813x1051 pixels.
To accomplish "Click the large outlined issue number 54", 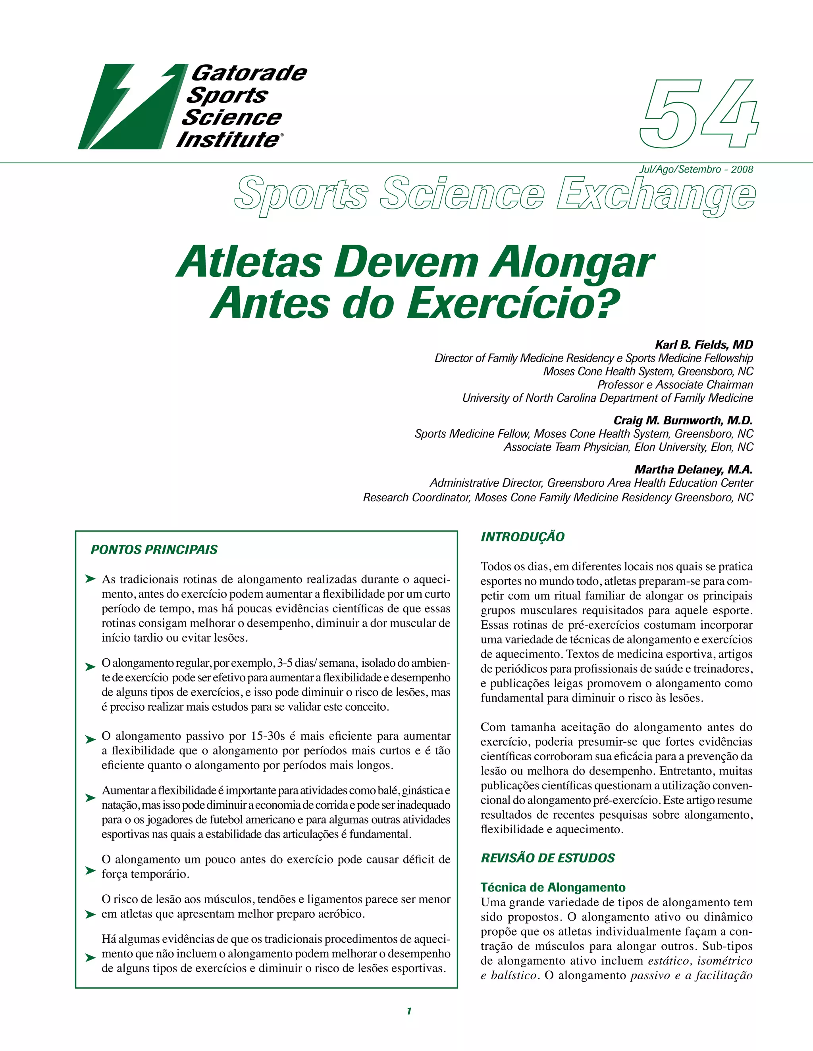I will [699, 115].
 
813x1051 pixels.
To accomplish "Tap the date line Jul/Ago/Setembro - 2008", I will [696, 169].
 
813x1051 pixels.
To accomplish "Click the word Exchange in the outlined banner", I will [656, 194].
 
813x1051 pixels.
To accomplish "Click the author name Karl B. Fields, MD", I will [704, 345].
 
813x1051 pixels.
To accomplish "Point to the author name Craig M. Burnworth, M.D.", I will [683, 420].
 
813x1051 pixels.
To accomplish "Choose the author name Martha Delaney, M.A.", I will [693, 470].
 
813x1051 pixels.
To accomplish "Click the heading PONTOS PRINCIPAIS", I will [154, 550].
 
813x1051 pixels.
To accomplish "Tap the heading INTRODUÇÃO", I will [522, 537].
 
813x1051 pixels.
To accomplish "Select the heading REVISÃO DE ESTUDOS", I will [547, 857].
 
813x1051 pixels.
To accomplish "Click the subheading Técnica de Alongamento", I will [553, 887].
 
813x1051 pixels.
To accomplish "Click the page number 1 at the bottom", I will [409, 1011].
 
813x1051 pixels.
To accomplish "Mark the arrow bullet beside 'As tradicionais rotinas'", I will [90, 579].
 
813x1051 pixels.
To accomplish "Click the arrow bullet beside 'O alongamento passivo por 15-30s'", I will [90, 740].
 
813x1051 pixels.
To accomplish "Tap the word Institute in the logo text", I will [228, 140].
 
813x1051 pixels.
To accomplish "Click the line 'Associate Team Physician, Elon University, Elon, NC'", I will [628, 447].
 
